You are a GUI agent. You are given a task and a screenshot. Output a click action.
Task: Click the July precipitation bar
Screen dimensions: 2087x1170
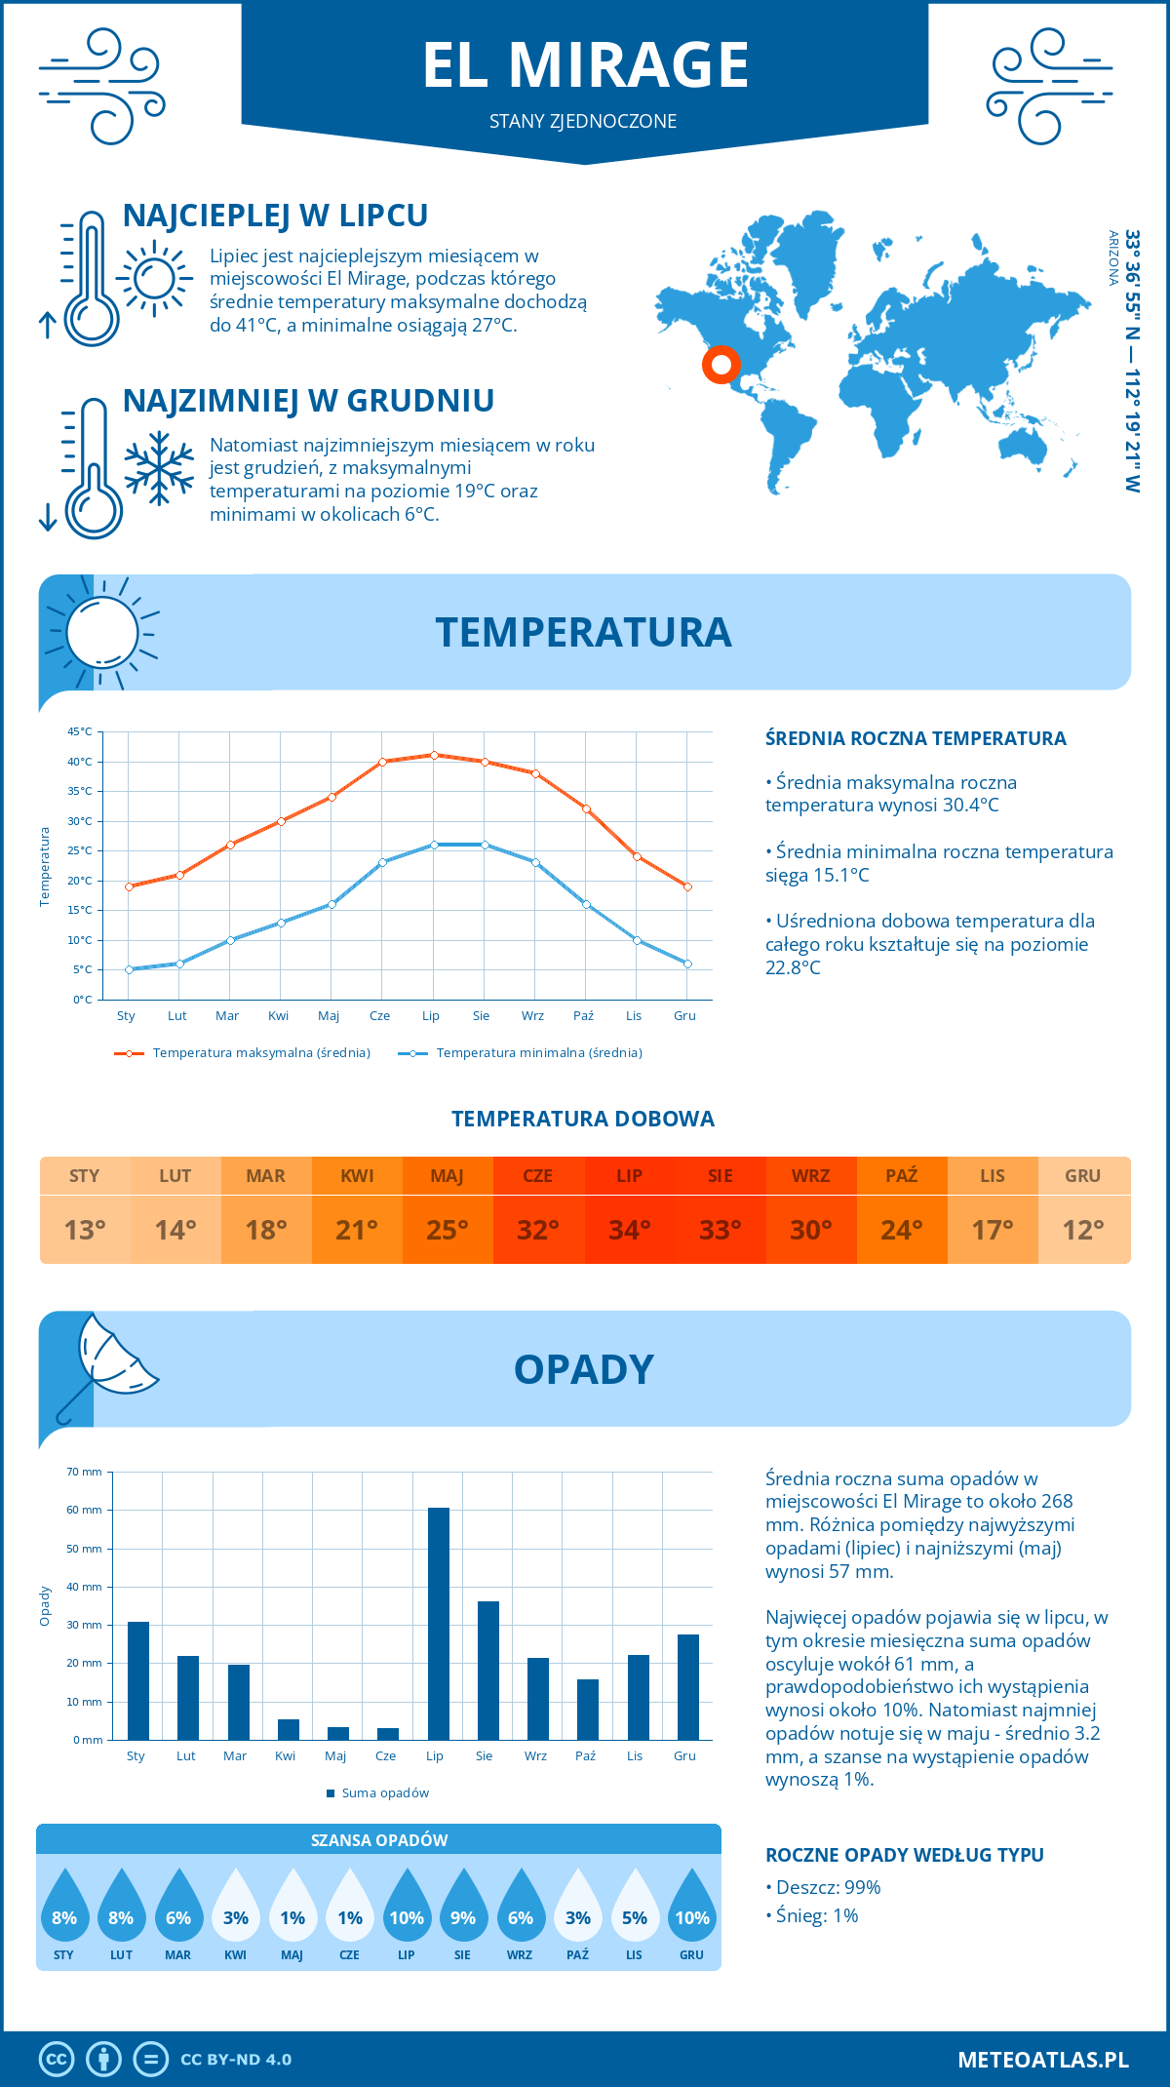coord(439,1624)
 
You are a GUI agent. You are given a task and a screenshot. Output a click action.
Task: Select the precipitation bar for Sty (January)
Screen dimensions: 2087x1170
coord(138,1680)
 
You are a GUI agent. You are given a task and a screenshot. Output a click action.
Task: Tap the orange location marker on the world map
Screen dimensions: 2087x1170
coord(721,365)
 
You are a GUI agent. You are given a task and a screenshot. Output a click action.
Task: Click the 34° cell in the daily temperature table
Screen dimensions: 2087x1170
coord(629,1230)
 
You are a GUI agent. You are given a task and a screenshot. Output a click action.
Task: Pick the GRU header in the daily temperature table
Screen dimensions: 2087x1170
coord(1082,1176)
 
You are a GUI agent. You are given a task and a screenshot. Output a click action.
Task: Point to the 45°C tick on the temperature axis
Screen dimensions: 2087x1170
coord(80,731)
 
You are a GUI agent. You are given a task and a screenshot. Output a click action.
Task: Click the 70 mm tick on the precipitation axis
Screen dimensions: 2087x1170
coord(85,1472)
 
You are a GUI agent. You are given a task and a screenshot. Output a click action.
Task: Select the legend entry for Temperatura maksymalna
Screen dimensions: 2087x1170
coord(243,1053)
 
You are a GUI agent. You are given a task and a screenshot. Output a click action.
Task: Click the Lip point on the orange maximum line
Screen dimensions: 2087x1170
coord(434,755)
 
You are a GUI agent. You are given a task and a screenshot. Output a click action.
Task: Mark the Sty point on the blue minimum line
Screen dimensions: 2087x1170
coord(129,969)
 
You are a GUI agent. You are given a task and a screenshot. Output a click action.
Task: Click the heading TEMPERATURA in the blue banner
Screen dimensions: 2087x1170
coord(583,632)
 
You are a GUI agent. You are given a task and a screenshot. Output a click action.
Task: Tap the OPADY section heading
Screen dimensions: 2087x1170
coord(583,1369)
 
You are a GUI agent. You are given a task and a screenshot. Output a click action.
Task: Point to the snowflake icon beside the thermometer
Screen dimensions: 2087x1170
coord(159,468)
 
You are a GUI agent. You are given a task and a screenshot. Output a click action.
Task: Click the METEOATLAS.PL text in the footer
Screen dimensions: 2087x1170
coord(1042,2060)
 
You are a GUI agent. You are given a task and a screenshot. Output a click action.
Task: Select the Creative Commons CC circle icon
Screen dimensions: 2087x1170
coord(57,2060)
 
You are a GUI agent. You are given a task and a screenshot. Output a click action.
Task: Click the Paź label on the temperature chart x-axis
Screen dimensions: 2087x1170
coord(583,1016)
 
